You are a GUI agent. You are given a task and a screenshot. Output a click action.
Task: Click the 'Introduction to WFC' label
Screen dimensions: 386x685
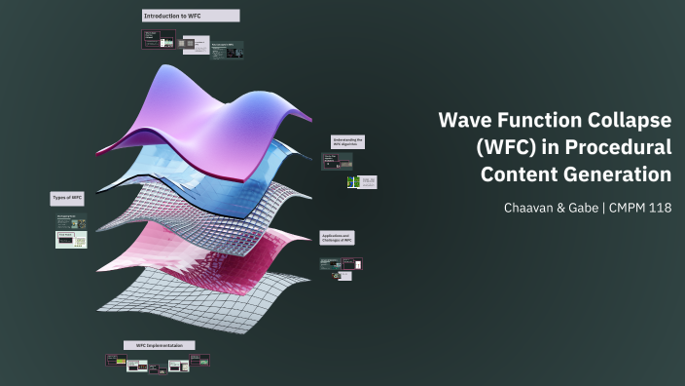190,17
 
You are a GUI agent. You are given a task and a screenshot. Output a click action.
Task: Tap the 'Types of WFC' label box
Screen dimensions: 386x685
67,198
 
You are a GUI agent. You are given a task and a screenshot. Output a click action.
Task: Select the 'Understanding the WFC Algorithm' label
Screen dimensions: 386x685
347,142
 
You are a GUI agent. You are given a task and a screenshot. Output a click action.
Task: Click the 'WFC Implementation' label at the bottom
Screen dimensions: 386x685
159,345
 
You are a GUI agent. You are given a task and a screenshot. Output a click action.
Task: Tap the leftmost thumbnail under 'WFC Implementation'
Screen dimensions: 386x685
116,361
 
